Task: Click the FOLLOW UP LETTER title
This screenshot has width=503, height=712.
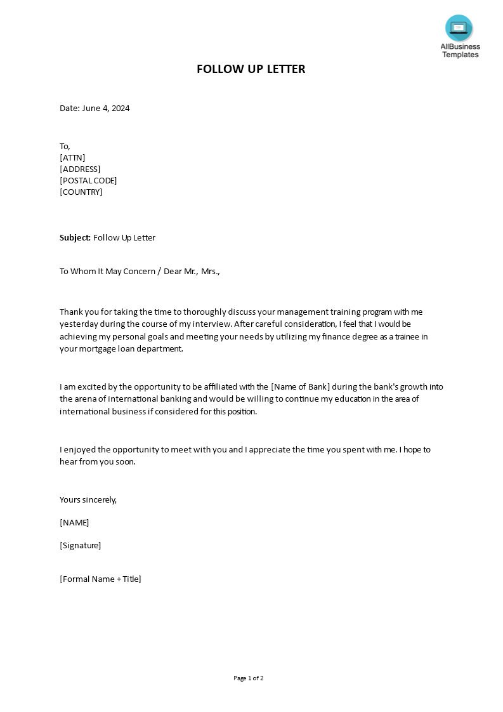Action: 251,69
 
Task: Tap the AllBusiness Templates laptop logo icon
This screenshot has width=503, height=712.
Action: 459,28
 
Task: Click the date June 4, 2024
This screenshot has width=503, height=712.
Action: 106,108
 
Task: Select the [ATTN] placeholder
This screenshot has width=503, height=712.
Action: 72,157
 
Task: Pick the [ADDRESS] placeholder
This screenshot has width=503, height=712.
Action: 80,169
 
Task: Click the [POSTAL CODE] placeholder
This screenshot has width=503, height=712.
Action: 88,180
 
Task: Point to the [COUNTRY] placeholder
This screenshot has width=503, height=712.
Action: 81,192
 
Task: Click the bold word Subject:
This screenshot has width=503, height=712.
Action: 75,238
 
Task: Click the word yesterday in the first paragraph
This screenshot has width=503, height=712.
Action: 79,324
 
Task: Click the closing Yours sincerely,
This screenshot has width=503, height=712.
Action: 88,499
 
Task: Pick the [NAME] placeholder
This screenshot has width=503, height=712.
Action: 74,523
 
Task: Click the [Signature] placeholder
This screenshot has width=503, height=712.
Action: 80,545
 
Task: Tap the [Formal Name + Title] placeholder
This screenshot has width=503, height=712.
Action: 100,579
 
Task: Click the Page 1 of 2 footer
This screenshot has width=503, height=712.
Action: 248,678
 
